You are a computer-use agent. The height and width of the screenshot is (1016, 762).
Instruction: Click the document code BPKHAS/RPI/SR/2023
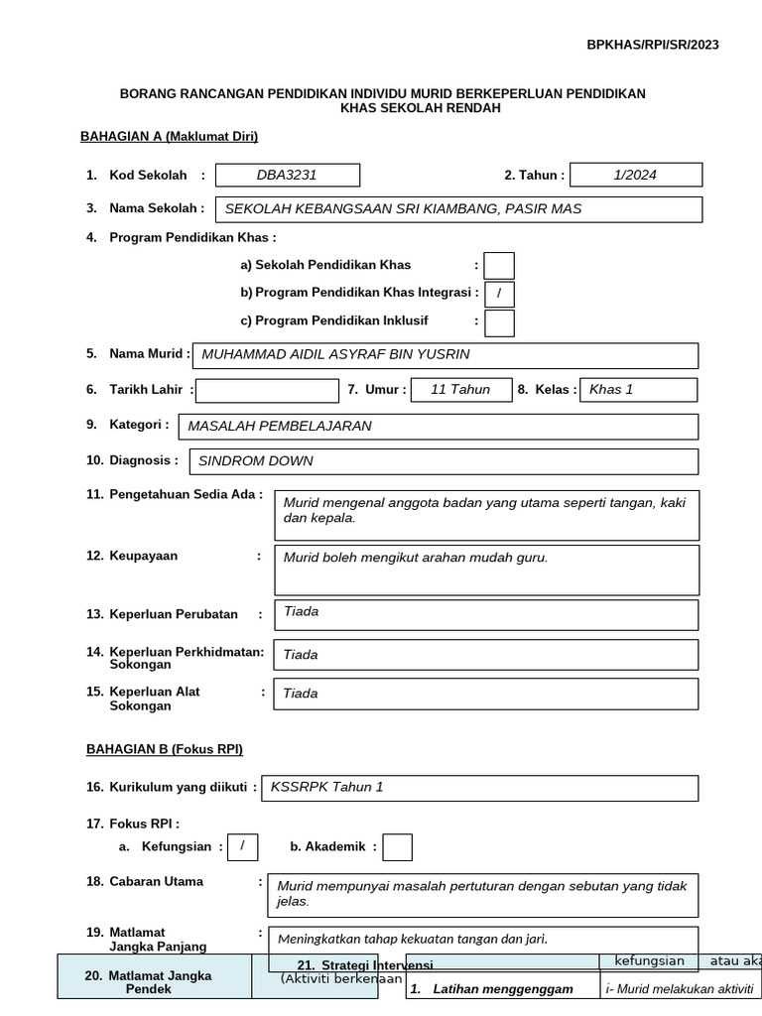[x=653, y=45]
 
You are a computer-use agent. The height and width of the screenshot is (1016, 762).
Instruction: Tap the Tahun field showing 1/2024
[x=636, y=176]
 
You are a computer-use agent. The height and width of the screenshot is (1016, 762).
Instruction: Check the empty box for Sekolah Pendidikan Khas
[x=499, y=266]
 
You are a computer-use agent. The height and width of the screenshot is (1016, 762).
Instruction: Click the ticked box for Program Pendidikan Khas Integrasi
[x=499, y=294]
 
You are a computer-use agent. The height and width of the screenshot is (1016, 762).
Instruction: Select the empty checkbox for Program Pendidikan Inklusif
[x=499, y=322]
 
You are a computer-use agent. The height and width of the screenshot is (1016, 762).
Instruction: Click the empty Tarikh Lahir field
[x=268, y=391]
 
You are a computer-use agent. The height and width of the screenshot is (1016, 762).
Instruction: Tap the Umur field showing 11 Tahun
[x=460, y=390]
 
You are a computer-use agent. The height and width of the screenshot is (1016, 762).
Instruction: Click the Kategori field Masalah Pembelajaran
[x=438, y=427]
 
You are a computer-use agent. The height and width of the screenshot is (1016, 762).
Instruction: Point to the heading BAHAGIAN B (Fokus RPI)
[x=165, y=749]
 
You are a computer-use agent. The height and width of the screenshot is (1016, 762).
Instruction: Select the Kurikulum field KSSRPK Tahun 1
[x=479, y=788]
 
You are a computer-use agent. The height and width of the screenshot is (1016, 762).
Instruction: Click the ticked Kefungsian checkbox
[x=242, y=846]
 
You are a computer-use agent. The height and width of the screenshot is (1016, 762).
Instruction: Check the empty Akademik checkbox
[x=397, y=847]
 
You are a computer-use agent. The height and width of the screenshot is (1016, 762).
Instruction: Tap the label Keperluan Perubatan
[x=174, y=614]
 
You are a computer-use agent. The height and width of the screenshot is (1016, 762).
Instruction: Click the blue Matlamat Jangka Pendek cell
[x=161, y=982]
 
